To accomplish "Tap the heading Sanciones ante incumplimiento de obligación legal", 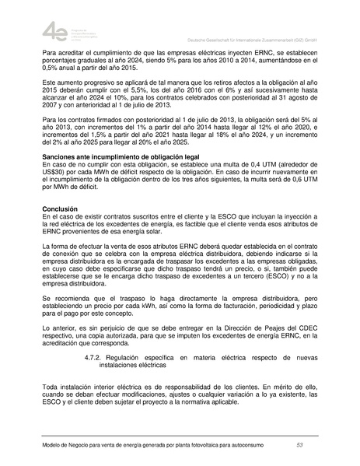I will pyautogui.click(x=105, y=178).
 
